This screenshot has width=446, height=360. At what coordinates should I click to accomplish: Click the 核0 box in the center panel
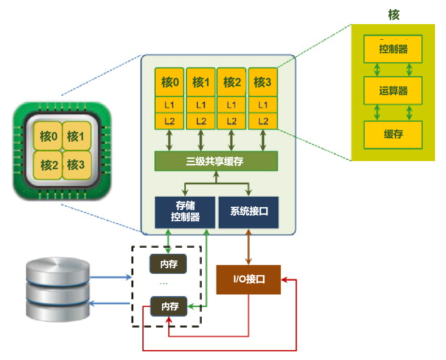point(170,82)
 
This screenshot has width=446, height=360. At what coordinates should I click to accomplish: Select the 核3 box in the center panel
point(262,82)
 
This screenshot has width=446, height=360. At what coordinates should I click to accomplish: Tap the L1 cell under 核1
point(201,105)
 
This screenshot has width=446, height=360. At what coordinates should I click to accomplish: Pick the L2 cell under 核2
point(232,121)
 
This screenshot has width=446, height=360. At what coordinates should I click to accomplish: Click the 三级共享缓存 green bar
point(216,162)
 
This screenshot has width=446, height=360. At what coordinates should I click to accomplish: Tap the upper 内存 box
point(169,264)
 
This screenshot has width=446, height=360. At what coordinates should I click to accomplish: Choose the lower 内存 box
point(169,306)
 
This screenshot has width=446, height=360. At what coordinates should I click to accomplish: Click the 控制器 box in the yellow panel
point(393,49)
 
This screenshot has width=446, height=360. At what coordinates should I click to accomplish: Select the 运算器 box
point(393,91)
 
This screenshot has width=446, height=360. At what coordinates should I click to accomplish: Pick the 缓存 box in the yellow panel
point(393,134)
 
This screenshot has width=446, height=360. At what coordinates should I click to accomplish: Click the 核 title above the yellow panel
point(394,15)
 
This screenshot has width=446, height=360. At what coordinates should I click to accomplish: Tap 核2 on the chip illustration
point(49,165)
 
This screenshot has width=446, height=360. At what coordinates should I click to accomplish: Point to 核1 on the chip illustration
point(76,136)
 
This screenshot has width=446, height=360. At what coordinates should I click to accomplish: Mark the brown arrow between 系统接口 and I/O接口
point(249,246)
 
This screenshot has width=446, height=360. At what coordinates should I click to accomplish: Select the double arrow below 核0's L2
point(170,140)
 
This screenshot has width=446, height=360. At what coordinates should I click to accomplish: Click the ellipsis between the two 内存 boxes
point(163,284)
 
